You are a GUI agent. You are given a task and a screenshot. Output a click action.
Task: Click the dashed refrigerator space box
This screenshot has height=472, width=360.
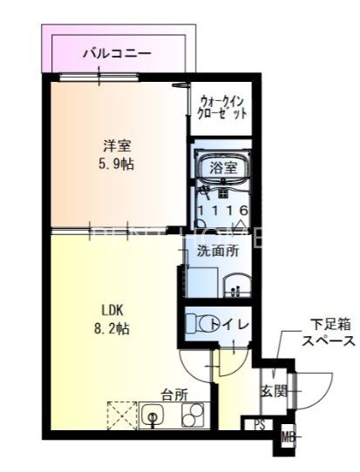point(121,415)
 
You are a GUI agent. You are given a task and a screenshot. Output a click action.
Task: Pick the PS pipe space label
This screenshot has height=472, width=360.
point(260,426)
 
